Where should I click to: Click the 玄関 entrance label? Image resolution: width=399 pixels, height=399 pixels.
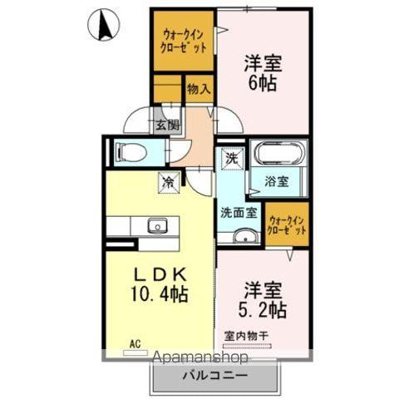pos(166,126)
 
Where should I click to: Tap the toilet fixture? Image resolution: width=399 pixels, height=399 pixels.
pos(133,152)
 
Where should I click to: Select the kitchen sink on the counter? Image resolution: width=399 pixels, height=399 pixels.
pos(155,225)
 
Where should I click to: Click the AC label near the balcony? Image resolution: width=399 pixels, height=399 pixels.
pos(135,341)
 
